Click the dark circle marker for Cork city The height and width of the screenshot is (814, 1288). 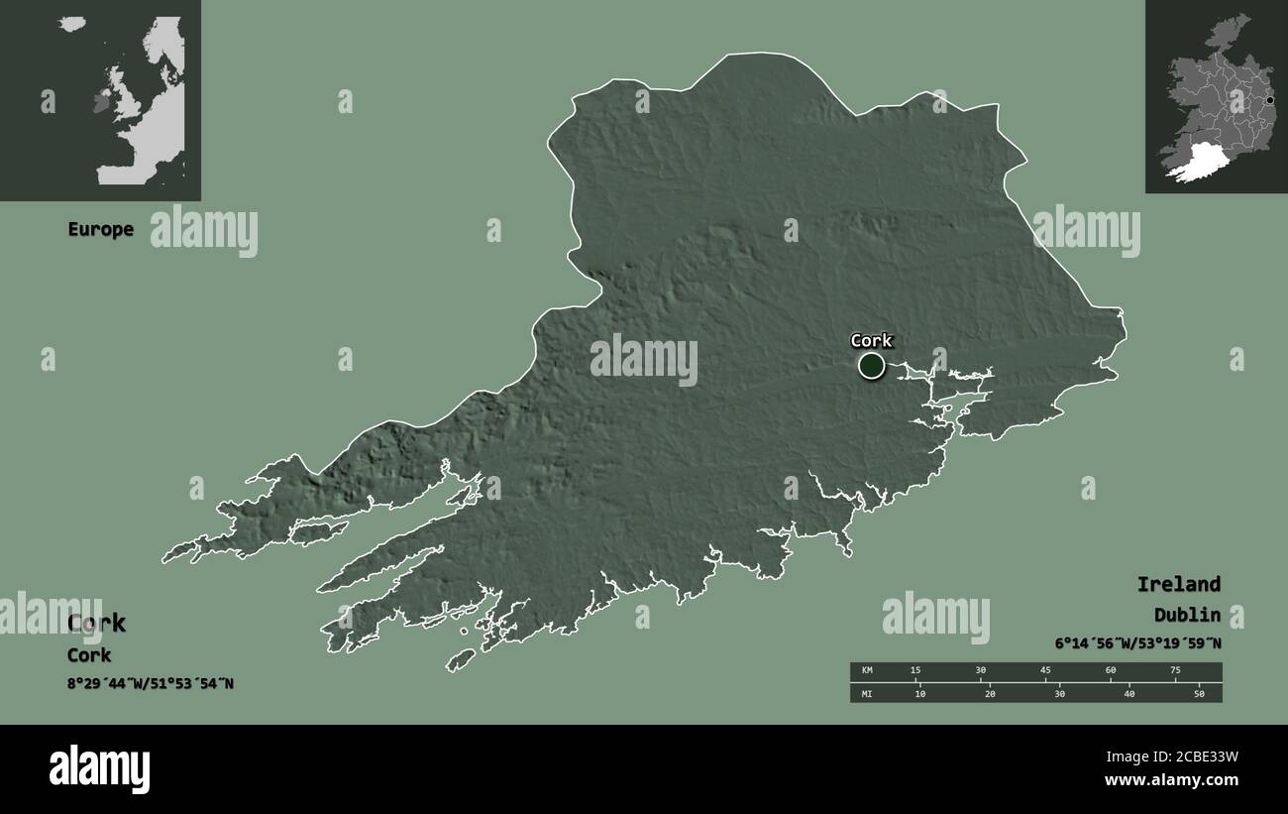coord(871,366)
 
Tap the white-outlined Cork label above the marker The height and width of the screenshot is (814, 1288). coord(871,341)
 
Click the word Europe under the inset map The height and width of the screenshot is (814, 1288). coord(100,229)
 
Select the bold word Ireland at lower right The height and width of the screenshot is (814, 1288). coord(1178,584)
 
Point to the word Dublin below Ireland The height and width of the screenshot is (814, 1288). coord(1186,615)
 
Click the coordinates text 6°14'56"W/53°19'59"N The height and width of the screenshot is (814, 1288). coord(1137,643)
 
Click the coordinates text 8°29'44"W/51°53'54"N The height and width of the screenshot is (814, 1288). coord(151,683)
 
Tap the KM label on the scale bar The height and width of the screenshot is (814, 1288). coord(867,670)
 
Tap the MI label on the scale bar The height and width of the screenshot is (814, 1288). coord(867,694)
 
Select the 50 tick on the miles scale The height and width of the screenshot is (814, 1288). coord(1199,694)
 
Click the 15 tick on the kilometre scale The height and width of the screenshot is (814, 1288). coord(915,670)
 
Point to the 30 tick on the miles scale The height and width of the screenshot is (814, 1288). coord(1059,694)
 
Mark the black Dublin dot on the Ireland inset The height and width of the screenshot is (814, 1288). coord(1269,100)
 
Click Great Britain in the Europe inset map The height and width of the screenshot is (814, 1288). coord(129,94)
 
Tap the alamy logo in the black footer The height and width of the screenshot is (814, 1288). coord(99,768)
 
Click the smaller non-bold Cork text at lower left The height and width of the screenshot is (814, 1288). coord(89,655)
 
